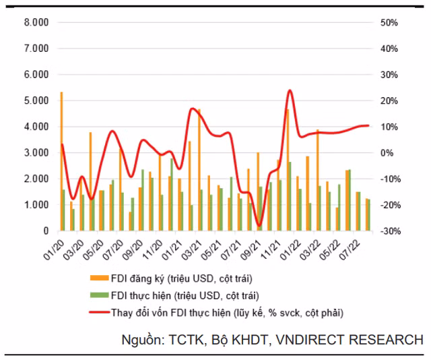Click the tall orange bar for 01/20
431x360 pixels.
(61, 161)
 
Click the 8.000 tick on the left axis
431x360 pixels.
(36, 22)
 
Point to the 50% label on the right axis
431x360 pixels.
(389, 22)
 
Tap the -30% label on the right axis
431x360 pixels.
(391, 231)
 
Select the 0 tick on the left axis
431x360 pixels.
(46, 231)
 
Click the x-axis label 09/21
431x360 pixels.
(251, 251)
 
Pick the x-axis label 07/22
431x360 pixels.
(350, 251)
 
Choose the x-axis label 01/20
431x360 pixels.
(54, 251)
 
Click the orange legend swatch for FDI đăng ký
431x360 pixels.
(99, 278)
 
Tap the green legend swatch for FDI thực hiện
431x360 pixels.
(99, 295)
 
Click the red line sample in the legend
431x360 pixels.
(99, 312)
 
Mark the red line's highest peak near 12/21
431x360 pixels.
(290, 90)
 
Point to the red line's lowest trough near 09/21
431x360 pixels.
(259, 226)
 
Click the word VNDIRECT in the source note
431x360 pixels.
(310, 340)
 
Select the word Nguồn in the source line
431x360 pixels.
(143, 340)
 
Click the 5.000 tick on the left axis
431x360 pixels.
(36, 100)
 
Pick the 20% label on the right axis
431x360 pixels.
(389, 100)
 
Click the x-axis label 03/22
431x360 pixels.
(310, 251)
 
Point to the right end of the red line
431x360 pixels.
(368, 126)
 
